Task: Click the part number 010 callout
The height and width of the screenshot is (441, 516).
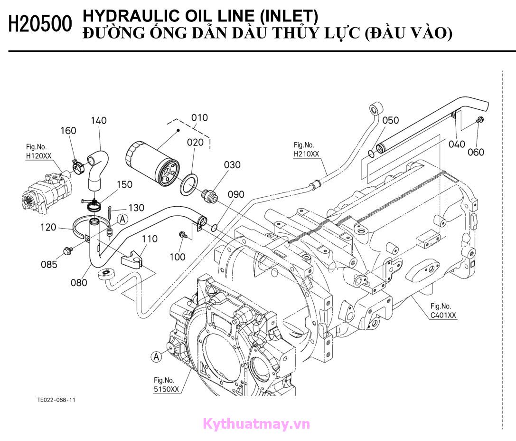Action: [199, 117]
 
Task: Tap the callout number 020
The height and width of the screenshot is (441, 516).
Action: [195, 142]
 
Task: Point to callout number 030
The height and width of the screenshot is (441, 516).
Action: [232, 165]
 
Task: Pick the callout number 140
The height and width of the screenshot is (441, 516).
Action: [99, 120]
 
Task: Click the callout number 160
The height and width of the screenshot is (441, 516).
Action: [68, 130]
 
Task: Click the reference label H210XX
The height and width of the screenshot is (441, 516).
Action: [306, 153]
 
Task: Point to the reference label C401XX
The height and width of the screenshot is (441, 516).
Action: [443, 315]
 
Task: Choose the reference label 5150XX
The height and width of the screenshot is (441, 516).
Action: [166, 389]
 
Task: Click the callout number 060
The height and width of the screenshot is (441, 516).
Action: [476, 152]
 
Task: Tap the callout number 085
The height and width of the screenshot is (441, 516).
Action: [48, 264]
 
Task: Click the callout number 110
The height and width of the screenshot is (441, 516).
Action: [150, 239]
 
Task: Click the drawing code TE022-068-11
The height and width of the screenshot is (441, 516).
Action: [56, 400]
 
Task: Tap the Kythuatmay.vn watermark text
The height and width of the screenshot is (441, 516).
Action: [256, 424]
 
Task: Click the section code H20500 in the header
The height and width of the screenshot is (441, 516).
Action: [40, 24]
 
